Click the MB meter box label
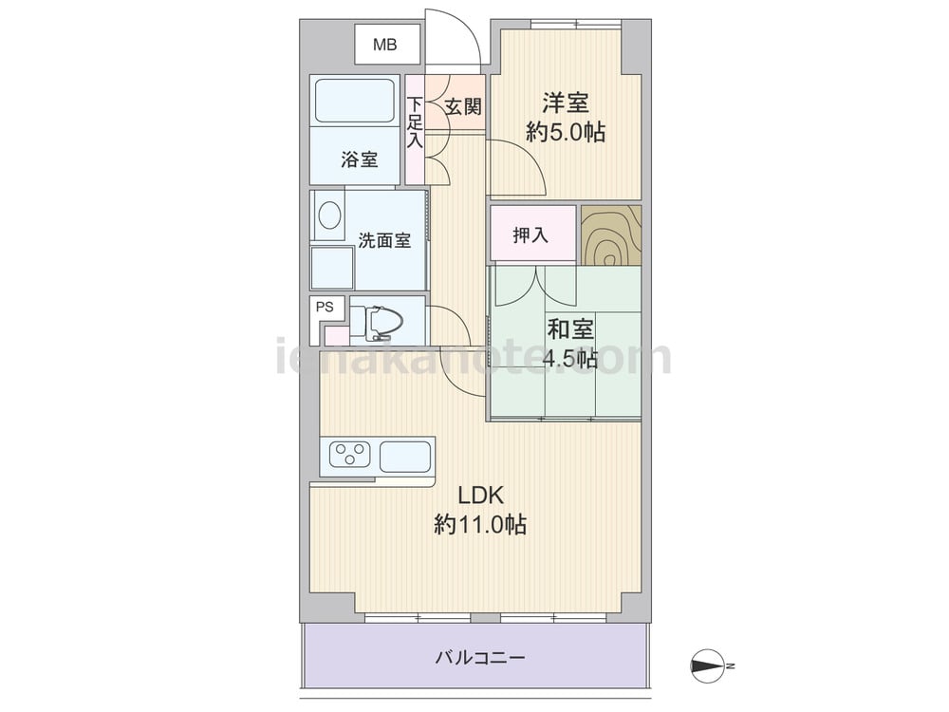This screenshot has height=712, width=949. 385,45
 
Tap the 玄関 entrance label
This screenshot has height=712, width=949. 463,106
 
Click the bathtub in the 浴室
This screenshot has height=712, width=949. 355,101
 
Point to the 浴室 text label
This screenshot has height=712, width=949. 360,159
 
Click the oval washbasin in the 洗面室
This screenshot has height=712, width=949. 329,215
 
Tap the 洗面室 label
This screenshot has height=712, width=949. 384,240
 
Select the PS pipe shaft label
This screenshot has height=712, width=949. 325,307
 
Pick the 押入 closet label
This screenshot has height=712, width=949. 530,234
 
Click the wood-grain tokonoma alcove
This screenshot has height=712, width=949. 610,235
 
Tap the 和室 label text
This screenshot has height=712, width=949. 570,329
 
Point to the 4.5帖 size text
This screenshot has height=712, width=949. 570,360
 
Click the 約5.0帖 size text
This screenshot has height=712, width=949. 566,132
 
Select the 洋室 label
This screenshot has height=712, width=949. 566,103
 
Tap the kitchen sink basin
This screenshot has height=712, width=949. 405,457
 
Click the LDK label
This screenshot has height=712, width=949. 480,496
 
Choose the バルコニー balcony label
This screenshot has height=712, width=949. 480,657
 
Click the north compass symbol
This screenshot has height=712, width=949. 708,666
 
